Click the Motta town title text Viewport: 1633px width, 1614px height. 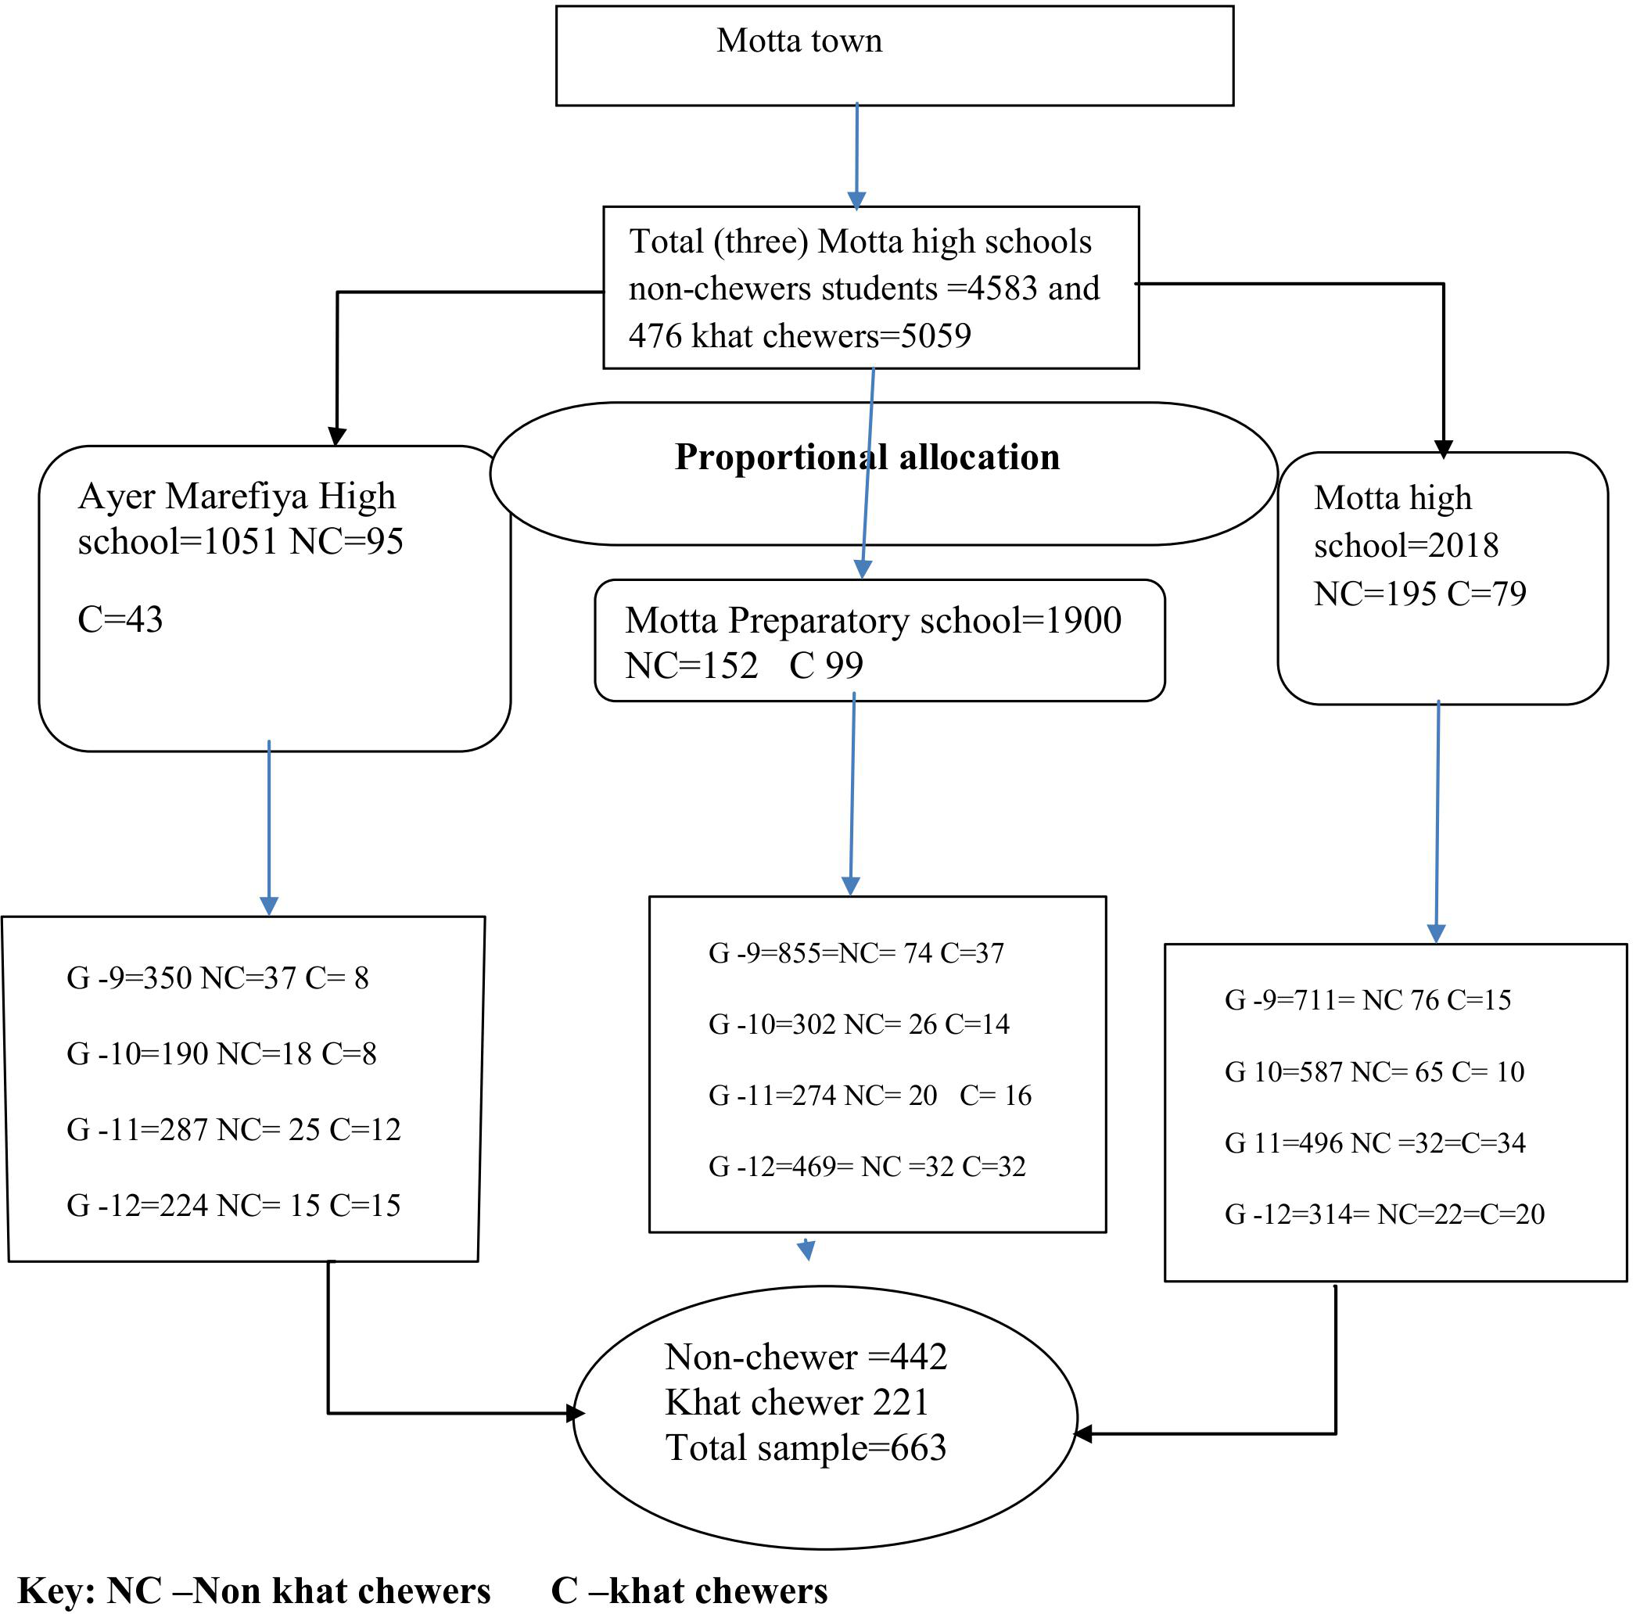click(x=799, y=41)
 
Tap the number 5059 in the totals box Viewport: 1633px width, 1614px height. click(x=935, y=336)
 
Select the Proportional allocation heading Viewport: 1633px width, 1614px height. click(x=867, y=457)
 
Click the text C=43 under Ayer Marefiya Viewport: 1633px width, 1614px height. click(x=120, y=619)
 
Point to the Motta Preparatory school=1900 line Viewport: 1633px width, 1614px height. click(x=872, y=620)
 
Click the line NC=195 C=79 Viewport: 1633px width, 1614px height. click(x=1419, y=594)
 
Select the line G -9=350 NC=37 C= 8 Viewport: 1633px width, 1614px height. click(x=217, y=977)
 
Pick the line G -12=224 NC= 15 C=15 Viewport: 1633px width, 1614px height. click(x=233, y=1205)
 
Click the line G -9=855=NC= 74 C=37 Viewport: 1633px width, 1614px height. click(x=856, y=953)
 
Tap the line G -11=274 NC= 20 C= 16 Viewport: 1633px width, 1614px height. click(x=869, y=1095)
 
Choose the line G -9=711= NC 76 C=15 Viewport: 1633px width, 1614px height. click(x=1367, y=999)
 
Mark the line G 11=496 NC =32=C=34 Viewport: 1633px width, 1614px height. click(x=1374, y=1142)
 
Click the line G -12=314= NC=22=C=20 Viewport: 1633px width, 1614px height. click(x=1384, y=1214)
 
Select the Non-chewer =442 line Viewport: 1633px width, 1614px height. click(x=805, y=1357)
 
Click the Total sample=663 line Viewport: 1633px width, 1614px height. click(x=805, y=1447)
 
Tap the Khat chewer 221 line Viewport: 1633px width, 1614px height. click(x=796, y=1403)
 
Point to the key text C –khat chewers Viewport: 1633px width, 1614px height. click(x=689, y=1591)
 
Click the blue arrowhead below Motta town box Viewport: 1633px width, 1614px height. click(x=856, y=200)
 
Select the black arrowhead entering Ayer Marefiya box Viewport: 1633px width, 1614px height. click(x=336, y=436)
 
